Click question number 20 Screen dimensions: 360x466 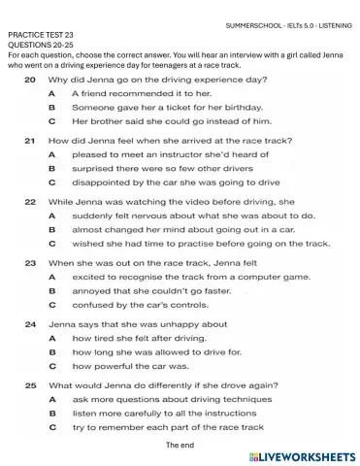(x=29, y=79)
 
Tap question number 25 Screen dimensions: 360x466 (x=29, y=385)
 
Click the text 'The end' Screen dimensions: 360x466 (x=180, y=444)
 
